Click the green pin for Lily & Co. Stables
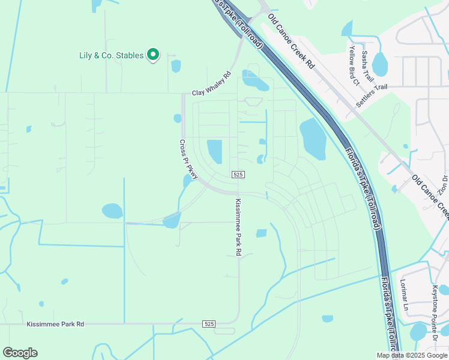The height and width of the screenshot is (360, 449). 153,55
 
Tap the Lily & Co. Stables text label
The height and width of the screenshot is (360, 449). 111,55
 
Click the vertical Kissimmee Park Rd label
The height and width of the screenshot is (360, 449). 238,227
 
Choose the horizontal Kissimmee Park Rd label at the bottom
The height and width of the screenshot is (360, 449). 55,324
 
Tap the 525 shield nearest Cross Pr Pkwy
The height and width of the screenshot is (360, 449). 238,174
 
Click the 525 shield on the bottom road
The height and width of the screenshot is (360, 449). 208,324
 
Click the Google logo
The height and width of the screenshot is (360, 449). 20,353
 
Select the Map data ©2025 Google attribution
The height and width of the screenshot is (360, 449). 411,355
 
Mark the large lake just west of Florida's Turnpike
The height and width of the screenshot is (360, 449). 312,139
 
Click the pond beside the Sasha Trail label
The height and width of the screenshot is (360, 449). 379,64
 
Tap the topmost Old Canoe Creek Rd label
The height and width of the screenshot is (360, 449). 291,40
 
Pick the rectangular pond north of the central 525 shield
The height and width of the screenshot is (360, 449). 214,151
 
